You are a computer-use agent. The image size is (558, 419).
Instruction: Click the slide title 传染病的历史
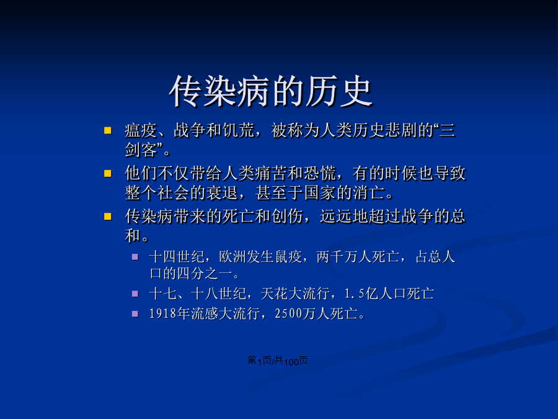(271, 91)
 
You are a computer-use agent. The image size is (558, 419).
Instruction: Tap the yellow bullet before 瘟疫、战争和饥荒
(107, 130)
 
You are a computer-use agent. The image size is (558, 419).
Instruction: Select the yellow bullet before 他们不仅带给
(107, 174)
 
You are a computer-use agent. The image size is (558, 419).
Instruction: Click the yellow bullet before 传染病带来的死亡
(107, 216)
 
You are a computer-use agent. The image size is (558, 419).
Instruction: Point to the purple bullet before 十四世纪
(135, 256)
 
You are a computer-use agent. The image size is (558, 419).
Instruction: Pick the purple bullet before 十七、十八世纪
(135, 294)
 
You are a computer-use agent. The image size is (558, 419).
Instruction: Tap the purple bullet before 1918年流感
(135, 313)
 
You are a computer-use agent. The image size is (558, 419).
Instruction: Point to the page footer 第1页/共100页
(278, 361)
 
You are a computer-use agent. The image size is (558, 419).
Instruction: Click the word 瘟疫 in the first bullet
(141, 130)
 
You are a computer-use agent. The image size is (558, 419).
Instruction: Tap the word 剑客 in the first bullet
(141, 150)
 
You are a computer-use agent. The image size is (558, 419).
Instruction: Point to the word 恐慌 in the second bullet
(320, 174)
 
